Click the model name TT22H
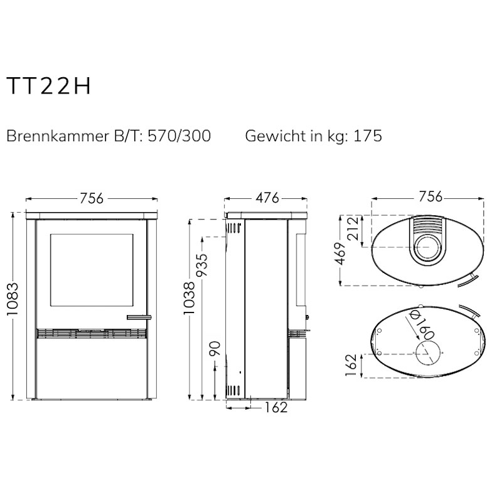coord(49,86)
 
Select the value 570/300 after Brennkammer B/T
coord(179,136)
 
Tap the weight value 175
coord(368,136)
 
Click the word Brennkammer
coord(58,136)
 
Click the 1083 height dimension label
coord(13,299)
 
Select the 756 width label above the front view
coord(92,198)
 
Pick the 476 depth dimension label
coord(267,198)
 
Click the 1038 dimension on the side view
coord(189,298)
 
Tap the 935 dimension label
coord(202,264)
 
